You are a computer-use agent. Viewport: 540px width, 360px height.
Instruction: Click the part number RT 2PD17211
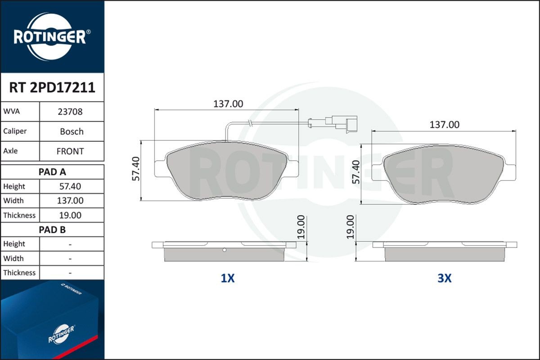(52, 87)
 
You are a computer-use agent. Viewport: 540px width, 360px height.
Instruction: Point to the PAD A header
(52, 172)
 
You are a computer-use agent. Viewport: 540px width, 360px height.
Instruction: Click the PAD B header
(52, 229)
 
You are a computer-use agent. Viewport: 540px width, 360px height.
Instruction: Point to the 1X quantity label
(228, 279)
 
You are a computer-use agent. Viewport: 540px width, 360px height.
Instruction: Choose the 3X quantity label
(444, 279)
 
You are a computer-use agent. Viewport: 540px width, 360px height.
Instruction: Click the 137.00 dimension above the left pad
(228, 103)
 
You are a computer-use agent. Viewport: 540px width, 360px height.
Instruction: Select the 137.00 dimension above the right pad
(444, 125)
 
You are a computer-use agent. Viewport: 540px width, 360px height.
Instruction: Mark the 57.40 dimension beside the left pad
(135, 169)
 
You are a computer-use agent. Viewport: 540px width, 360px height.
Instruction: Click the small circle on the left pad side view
(224, 250)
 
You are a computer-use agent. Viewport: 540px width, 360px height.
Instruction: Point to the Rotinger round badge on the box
(61, 333)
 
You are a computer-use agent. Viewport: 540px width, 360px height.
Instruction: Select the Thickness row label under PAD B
(19, 273)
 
